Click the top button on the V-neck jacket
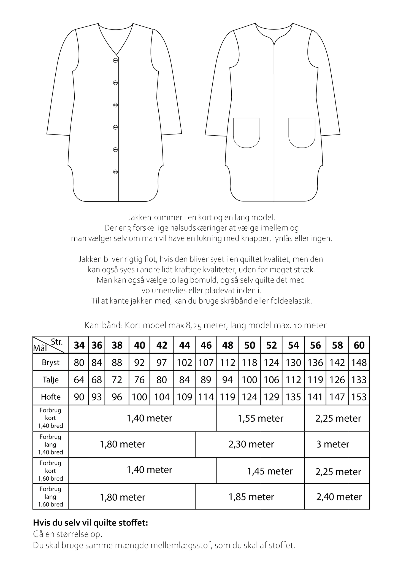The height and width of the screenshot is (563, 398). coord(115,60)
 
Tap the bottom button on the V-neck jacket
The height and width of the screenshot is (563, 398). coord(115,172)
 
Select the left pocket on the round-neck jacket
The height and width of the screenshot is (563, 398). coord(247,132)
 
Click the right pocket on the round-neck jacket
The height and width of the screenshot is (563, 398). coord(302,132)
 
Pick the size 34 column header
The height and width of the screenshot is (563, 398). coord(79,345)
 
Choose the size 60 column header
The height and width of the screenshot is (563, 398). coord(359,345)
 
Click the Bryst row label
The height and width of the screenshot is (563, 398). coord(51,363)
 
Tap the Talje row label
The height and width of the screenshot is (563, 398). coord(51,380)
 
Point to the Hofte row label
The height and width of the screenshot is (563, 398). coord(51,397)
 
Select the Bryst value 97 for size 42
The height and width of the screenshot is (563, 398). coord(162,363)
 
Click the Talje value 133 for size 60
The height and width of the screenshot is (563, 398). coord(359,380)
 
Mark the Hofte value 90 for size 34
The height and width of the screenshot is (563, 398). coord(79,397)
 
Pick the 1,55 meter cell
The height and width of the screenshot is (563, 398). coord(260,419)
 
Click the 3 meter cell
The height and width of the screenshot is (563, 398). coord(332,444)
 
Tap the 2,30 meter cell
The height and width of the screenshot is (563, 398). coord(251,444)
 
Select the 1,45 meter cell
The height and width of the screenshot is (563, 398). coord(270,471)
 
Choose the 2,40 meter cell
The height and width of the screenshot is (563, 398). coord(339,497)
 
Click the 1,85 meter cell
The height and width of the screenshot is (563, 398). coord(251,497)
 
